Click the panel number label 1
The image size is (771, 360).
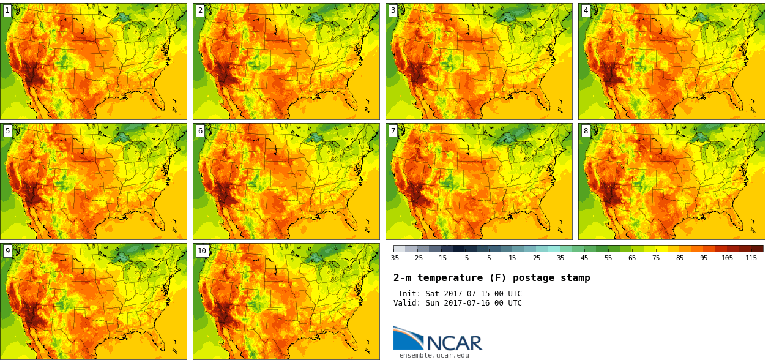(7, 10)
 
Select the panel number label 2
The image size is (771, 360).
(200, 10)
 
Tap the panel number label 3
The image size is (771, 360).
(393, 10)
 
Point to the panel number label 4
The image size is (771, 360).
(586, 10)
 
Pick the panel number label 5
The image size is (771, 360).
(7, 130)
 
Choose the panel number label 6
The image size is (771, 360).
(200, 130)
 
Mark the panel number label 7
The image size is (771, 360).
(393, 130)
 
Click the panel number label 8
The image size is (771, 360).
(586, 130)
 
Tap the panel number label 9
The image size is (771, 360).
(7, 250)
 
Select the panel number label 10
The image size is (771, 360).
(202, 250)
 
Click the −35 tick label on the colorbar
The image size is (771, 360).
(393, 258)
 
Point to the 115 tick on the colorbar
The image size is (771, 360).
(751, 258)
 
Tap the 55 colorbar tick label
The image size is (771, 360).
(608, 258)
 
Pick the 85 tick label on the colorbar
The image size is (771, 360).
(679, 258)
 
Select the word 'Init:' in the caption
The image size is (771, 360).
(409, 294)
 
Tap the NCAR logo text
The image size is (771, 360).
(454, 343)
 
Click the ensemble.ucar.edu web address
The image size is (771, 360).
(434, 355)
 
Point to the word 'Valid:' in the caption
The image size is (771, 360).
(407, 303)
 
